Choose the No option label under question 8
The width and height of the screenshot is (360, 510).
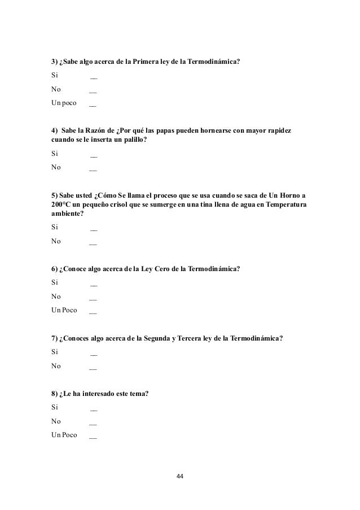click(56, 421)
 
